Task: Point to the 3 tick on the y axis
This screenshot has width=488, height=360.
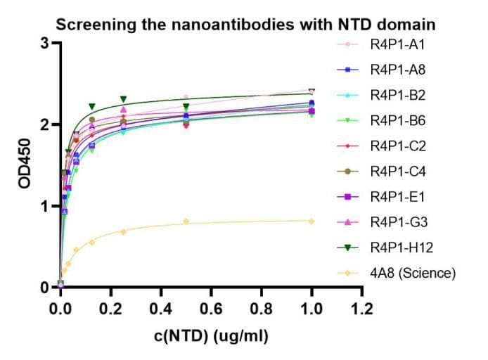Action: pos(44,44)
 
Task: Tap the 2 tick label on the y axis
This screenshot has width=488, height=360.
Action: pos(44,125)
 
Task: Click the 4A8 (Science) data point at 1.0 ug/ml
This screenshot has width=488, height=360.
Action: pos(312,221)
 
